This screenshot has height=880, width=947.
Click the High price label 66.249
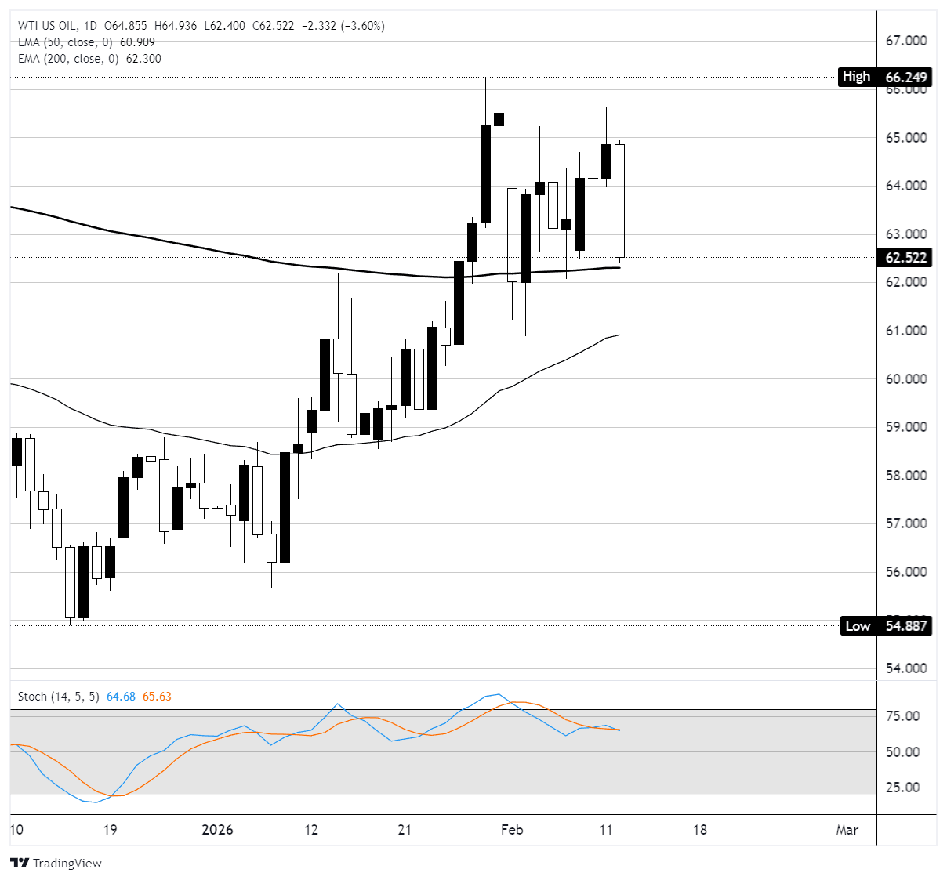coord(905,77)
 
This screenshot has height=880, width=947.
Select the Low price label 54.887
coord(905,625)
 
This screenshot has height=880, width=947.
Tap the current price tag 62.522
coord(905,257)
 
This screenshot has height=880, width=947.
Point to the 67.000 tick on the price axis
coord(905,41)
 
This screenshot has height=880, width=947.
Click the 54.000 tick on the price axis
coord(905,668)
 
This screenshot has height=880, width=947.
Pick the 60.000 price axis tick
coord(905,379)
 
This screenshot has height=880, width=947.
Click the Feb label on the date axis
coord(512,830)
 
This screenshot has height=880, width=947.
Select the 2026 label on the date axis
coord(217,830)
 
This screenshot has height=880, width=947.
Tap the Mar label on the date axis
coord(847,830)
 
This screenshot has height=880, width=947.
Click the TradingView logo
coord(56,863)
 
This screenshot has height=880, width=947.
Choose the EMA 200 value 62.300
coord(143,59)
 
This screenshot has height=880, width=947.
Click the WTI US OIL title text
coord(48,26)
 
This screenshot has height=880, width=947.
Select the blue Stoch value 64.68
coord(121,697)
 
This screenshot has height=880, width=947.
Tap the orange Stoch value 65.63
coord(157,697)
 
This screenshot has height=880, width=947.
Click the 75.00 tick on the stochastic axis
coord(902,716)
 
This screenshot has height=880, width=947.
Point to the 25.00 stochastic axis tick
coord(902,788)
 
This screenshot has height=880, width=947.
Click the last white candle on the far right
coord(619,201)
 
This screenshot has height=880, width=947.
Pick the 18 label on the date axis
coord(699,830)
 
